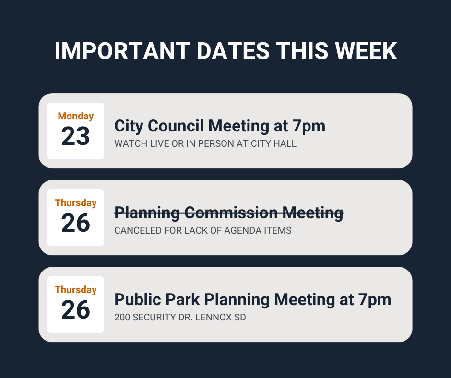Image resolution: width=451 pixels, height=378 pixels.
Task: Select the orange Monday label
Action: (x=76, y=116)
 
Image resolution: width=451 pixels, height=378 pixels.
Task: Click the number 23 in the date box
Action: (x=76, y=136)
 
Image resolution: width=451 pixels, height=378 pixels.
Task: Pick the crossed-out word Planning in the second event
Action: (x=146, y=212)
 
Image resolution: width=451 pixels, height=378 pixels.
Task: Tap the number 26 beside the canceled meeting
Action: (x=76, y=223)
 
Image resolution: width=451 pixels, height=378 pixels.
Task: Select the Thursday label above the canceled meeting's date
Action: (x=76, y=203)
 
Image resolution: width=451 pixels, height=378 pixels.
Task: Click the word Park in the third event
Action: (x=184, y=299)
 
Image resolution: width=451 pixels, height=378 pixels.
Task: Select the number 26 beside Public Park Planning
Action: (x=76, y=310)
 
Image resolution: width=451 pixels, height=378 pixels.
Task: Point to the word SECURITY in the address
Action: (x=153, y=317)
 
